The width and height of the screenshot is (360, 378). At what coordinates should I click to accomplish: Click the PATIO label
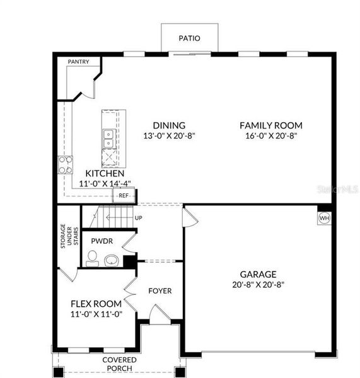(x=189, y=38)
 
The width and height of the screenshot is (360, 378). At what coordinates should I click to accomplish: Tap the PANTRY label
(x=78, y=62)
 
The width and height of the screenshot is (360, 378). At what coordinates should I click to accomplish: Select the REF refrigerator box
(x=124, y=196)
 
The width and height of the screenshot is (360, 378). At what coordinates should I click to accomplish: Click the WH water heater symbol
(x=325, y=219)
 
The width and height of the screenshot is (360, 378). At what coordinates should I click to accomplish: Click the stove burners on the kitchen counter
(x=65, y=164)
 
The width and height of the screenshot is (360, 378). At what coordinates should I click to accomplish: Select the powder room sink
(x=112, y=260)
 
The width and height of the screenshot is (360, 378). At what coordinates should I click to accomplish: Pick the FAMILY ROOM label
(x=270, y=125)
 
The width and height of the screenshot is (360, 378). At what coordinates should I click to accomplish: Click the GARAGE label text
(x=258, y=274)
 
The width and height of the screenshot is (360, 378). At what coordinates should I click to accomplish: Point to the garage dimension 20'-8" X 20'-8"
(x=258, y=284)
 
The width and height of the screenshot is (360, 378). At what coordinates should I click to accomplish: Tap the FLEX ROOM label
(x=96, y=304)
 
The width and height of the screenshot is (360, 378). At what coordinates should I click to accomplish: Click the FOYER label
(x=160, y=290)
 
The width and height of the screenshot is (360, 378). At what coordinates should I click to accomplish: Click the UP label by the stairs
(x=138, y=218)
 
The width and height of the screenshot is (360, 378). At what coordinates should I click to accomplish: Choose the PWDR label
(x=102, y=241)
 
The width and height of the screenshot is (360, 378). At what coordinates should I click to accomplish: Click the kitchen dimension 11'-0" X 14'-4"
(x=105, y=183)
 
